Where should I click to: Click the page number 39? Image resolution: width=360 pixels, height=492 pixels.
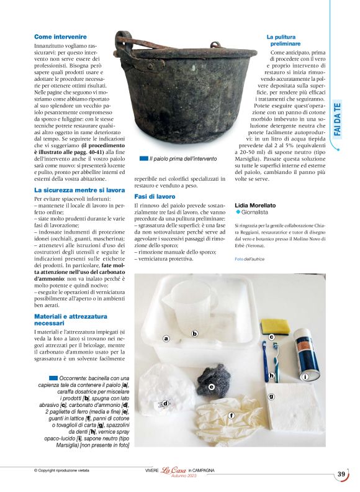point(341,474)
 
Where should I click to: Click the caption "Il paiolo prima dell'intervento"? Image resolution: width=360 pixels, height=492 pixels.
point(177,160)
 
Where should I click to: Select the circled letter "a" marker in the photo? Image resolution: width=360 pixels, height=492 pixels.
point(166,339)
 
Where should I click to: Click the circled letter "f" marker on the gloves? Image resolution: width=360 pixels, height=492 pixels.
point(232,415)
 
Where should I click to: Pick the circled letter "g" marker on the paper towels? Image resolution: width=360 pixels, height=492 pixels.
point(271,396)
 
